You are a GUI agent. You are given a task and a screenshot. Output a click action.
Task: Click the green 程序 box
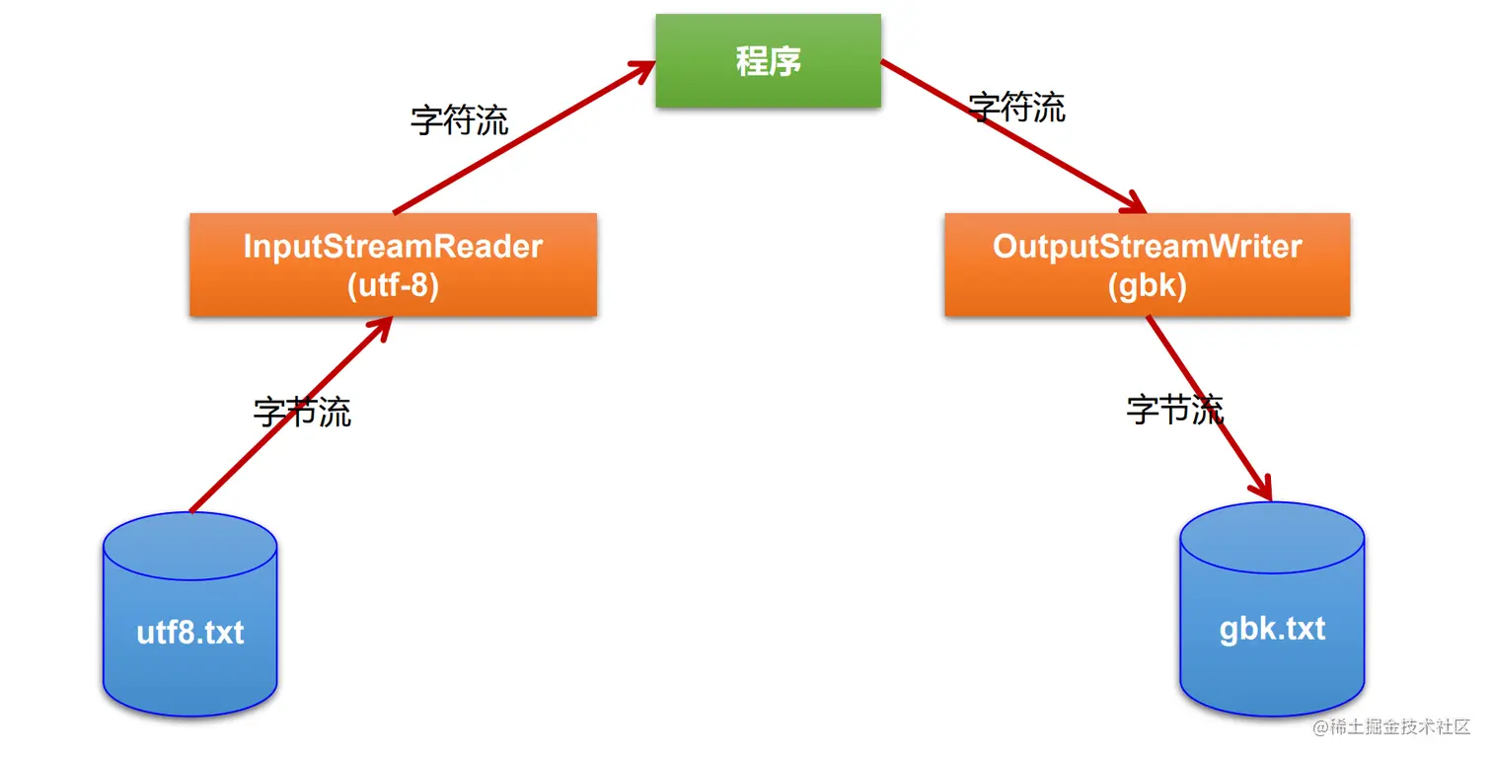point(768,61)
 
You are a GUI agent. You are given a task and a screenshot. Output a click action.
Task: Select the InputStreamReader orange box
point(393,265)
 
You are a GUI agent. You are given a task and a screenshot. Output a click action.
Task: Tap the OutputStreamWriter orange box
point(1147,265)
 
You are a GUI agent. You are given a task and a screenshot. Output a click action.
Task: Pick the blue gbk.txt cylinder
point(1272,610)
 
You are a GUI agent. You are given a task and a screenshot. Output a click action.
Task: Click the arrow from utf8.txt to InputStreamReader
point(291,415)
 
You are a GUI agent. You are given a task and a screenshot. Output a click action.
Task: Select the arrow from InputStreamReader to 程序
point(523,137)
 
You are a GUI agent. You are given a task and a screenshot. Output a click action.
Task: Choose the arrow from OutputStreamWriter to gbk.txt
point(1209,407)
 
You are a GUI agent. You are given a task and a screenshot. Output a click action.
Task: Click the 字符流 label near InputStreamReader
point(460,120)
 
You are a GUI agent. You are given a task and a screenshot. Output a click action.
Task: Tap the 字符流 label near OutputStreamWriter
point(1017,108)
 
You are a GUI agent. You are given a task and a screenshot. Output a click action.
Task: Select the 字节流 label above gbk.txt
point(1175,409)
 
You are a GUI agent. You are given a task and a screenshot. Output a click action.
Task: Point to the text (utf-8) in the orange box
point(393,285)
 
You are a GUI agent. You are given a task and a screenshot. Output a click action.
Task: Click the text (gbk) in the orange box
point(1147,285)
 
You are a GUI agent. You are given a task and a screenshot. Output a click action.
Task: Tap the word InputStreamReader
point(393,246)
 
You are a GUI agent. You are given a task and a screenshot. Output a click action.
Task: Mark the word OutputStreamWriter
point(1147,246)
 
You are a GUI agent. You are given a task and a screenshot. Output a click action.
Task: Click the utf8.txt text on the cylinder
point(189,632)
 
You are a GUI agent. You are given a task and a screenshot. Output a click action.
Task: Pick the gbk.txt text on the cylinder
point(1272,629)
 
